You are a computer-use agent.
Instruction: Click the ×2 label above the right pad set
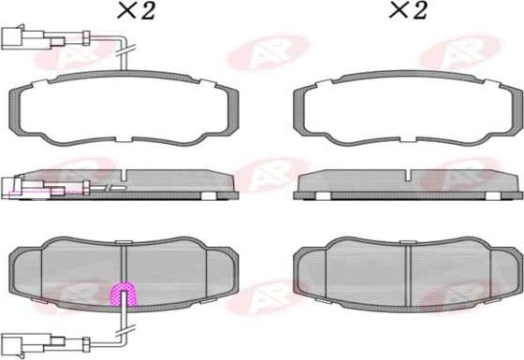pos(407,10)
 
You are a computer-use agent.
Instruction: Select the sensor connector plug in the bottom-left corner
pos(20,341)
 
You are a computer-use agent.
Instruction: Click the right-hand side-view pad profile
pos(408,184)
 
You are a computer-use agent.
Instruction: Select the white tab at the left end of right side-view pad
pos(320,197)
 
